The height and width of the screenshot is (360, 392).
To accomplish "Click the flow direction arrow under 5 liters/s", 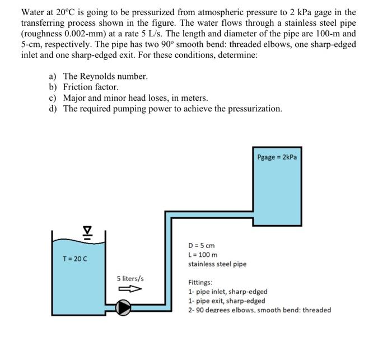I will coord(129,289).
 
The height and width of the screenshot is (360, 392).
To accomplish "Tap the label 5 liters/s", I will coord(130,278).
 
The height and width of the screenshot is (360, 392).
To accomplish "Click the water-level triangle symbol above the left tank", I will coord(87,231).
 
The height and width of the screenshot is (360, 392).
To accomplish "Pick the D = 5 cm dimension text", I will coord(201,246).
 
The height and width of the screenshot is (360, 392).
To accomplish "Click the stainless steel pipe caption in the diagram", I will coord(217,264).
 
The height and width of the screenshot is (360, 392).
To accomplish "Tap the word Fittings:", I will coord(200,283).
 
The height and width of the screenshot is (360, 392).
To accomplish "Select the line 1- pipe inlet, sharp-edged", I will coord(227,292).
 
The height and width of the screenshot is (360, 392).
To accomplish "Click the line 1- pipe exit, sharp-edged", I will coord(227,301).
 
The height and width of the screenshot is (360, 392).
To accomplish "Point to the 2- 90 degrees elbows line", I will coord(259,310).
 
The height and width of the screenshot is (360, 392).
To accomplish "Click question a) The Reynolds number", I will coord(99,76).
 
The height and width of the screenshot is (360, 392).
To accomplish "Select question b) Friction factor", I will coord(83,87).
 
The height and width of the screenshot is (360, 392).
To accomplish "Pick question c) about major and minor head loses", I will coord(128,97).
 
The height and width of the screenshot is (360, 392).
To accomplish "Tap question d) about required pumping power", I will coord(165,108).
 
